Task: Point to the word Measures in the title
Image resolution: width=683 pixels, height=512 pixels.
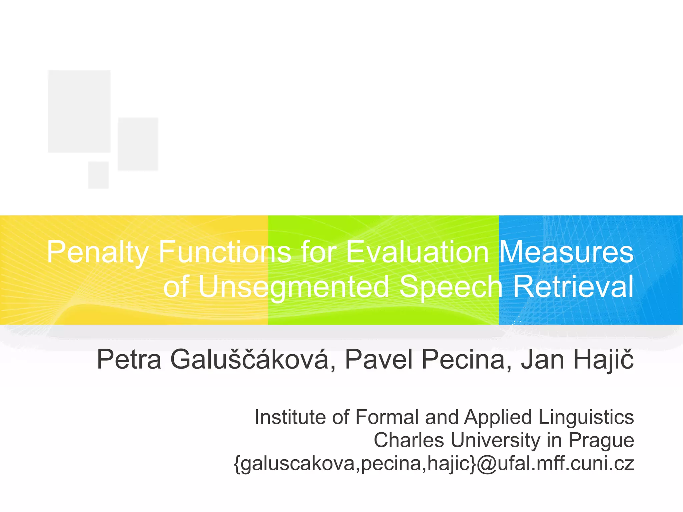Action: [566, 252]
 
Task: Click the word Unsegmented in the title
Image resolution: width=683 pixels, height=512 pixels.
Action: [293, 287]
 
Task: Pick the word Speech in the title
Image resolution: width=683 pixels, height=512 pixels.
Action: [451, 287]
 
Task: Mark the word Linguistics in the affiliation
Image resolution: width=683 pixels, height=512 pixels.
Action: [586, 417]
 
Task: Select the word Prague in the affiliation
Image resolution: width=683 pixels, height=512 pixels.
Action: [601, 440]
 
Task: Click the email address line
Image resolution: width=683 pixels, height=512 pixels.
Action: [434, 463]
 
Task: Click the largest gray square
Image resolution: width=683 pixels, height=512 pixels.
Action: [79, 111]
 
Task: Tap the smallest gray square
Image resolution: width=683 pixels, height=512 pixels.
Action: [98, 175]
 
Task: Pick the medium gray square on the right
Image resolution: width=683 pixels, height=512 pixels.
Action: [138, 144]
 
